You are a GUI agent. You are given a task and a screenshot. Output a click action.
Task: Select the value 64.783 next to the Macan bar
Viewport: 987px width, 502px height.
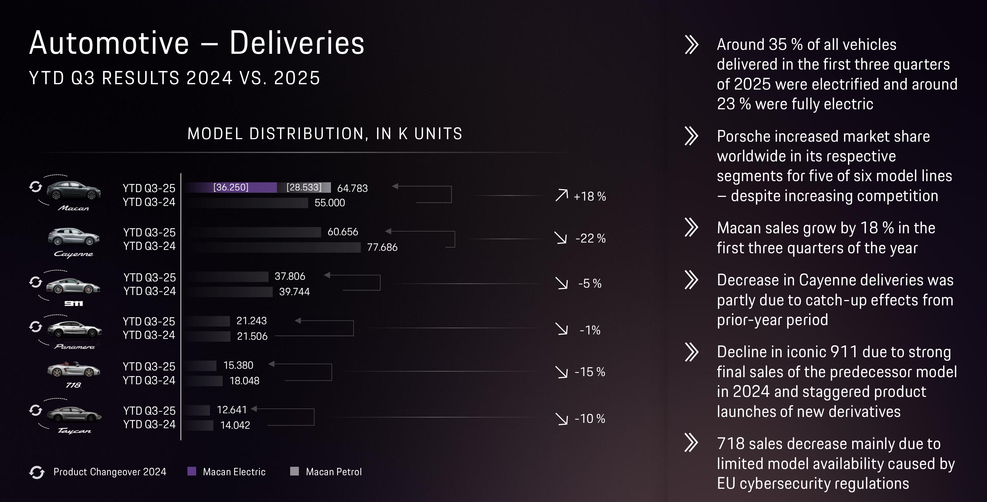pos(352,188)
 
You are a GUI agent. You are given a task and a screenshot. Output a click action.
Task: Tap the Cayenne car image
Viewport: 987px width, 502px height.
pos(73,236)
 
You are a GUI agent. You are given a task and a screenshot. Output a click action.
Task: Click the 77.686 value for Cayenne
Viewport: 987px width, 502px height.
pos(382,247)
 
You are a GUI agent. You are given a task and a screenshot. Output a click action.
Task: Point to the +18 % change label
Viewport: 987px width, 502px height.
pos(590,196)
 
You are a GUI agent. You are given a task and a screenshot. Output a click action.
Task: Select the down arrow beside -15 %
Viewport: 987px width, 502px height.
pos(562,372)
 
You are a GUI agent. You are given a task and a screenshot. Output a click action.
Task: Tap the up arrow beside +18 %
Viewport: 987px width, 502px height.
pos(562,195)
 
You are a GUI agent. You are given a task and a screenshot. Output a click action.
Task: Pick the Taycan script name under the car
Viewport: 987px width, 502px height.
pos(74,431)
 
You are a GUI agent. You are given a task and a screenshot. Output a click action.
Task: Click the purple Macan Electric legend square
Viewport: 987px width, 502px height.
pos(192,471)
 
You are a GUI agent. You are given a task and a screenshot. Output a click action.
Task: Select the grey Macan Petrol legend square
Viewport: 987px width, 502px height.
pos(294,471)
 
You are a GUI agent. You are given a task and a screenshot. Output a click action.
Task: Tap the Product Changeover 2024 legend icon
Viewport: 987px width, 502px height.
pos(37,472)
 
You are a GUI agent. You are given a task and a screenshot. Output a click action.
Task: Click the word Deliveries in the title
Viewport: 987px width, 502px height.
pos(297,43)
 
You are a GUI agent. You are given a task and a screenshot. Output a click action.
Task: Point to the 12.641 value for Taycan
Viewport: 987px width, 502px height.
pos(231,410)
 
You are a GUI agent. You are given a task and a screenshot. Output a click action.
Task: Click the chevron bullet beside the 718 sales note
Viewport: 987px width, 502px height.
pos(691,443)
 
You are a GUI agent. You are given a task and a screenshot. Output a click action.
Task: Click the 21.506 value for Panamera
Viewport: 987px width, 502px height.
pos(252,336)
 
